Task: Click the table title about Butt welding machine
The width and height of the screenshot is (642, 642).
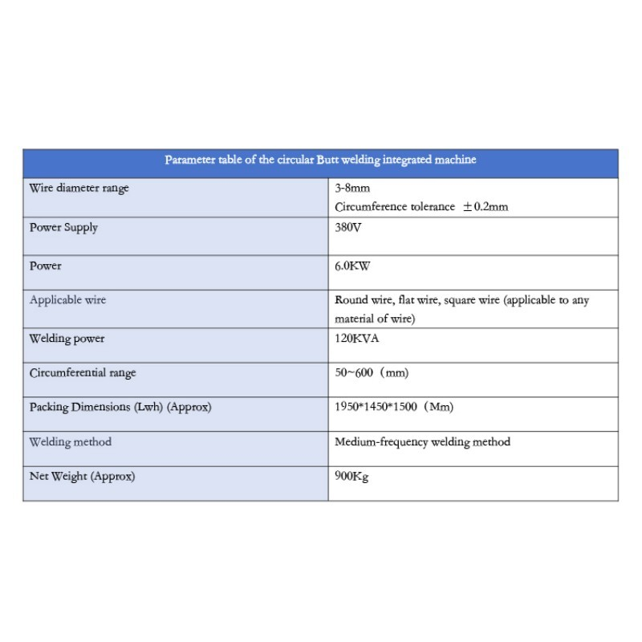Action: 320,160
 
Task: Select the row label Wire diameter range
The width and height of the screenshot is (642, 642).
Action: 79,189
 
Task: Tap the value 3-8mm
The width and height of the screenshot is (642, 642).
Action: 352,189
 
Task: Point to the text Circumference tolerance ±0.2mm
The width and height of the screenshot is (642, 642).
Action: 421,207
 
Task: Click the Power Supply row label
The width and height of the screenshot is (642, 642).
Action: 63,228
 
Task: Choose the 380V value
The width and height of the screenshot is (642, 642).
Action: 347,228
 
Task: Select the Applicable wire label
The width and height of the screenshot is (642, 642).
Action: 67,300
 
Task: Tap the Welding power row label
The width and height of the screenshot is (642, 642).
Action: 67,339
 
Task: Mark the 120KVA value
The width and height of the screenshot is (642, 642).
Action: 356,339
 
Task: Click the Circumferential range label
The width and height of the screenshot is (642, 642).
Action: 83,373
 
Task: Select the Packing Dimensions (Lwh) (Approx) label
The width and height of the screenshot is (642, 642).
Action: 120,407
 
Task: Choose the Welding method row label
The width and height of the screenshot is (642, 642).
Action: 70,442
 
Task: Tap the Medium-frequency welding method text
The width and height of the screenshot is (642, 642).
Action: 422,442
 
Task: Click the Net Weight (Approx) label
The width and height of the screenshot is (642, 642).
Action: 82,477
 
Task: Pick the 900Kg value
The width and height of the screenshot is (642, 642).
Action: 351,477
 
